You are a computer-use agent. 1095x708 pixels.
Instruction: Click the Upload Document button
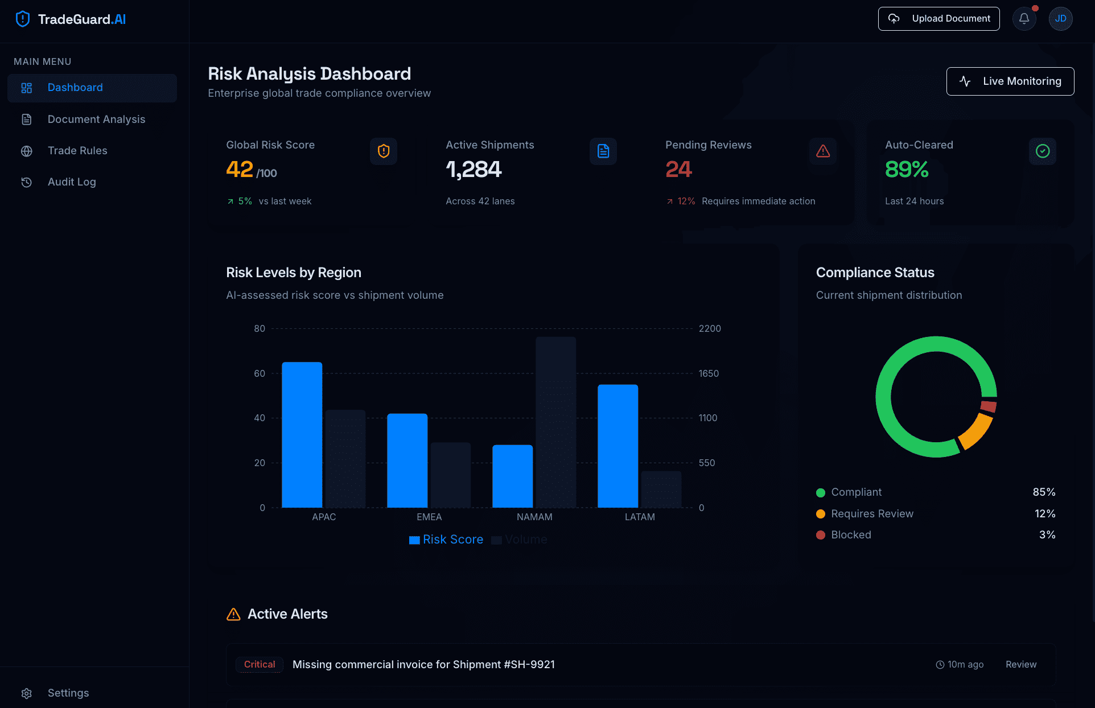point(938,19)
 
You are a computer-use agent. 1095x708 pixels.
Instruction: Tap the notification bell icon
point(1024,19)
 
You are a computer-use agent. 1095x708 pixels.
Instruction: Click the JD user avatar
point(1060,19)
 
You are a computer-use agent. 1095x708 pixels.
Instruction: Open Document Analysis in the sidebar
point(96,120)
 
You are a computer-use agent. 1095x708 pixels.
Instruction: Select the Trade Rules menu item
point(77,151)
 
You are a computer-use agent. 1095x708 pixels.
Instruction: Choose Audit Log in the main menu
point(72,182)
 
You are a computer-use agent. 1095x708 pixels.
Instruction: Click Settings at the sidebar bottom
point(68,693)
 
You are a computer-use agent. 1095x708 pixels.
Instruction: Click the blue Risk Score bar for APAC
point(302,435)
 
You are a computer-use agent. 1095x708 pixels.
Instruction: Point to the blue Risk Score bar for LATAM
point(618,446)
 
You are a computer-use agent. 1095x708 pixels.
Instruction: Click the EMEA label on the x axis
point(429,517)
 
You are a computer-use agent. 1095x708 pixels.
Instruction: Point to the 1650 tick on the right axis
point(709,373)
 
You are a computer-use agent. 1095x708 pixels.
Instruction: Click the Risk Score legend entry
point(446,540)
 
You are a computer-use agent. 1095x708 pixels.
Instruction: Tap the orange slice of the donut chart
point(977,431)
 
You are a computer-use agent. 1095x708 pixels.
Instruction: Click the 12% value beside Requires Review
point(1044,513)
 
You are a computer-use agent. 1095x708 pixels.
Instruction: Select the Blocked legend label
point(851,535)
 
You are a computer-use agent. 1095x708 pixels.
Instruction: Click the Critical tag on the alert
point(260,665)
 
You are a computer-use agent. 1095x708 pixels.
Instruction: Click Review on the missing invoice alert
point(1020,665)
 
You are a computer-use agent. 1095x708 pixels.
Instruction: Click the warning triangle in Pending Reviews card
point(823,151)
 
